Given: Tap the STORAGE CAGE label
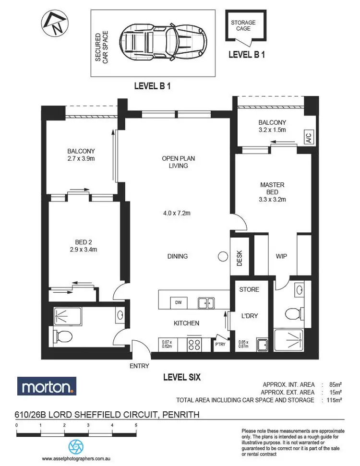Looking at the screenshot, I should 243,25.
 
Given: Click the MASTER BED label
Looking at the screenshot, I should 272,189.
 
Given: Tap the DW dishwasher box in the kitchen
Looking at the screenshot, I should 178,302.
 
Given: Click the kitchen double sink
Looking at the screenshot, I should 207,303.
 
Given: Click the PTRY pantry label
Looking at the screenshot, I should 220,344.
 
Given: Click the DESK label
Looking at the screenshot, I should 240,259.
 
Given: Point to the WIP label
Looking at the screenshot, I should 281,256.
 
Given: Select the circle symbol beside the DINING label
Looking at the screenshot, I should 223,257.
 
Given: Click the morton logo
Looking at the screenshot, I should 47,386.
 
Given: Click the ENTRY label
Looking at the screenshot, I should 139,366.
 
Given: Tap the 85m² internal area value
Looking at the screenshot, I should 335,384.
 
